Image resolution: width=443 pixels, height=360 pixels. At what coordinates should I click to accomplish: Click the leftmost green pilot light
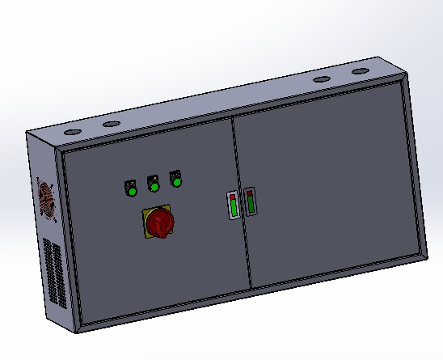[130, 190]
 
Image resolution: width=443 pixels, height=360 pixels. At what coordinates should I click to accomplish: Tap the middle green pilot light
[153, 186]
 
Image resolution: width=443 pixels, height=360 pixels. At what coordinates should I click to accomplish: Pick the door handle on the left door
[233, 205]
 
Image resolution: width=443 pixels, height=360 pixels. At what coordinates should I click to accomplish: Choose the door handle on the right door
[250, 201]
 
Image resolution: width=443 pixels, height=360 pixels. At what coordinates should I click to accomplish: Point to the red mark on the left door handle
[233, 197]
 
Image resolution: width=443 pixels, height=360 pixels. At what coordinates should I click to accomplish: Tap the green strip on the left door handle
[233, 210]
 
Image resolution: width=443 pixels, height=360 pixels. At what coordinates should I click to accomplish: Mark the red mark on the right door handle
[250, 193]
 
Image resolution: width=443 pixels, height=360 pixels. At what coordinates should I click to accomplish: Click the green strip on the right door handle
[250, 205]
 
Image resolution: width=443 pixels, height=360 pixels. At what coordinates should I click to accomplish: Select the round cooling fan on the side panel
[46, 199]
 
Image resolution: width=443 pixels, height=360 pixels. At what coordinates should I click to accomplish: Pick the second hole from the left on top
[111, 124]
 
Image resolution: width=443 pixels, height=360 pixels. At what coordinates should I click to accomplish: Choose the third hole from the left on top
[322, 81]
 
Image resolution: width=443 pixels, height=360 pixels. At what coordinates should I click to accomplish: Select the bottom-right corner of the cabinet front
[426, 257]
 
